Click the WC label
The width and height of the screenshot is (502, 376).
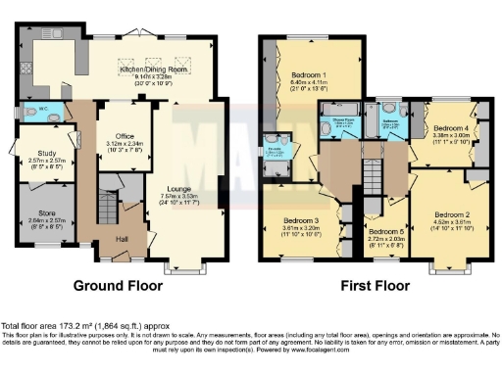30,108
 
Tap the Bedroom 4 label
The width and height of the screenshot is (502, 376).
452,128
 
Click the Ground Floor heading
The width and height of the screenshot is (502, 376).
117,288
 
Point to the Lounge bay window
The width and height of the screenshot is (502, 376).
190,264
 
